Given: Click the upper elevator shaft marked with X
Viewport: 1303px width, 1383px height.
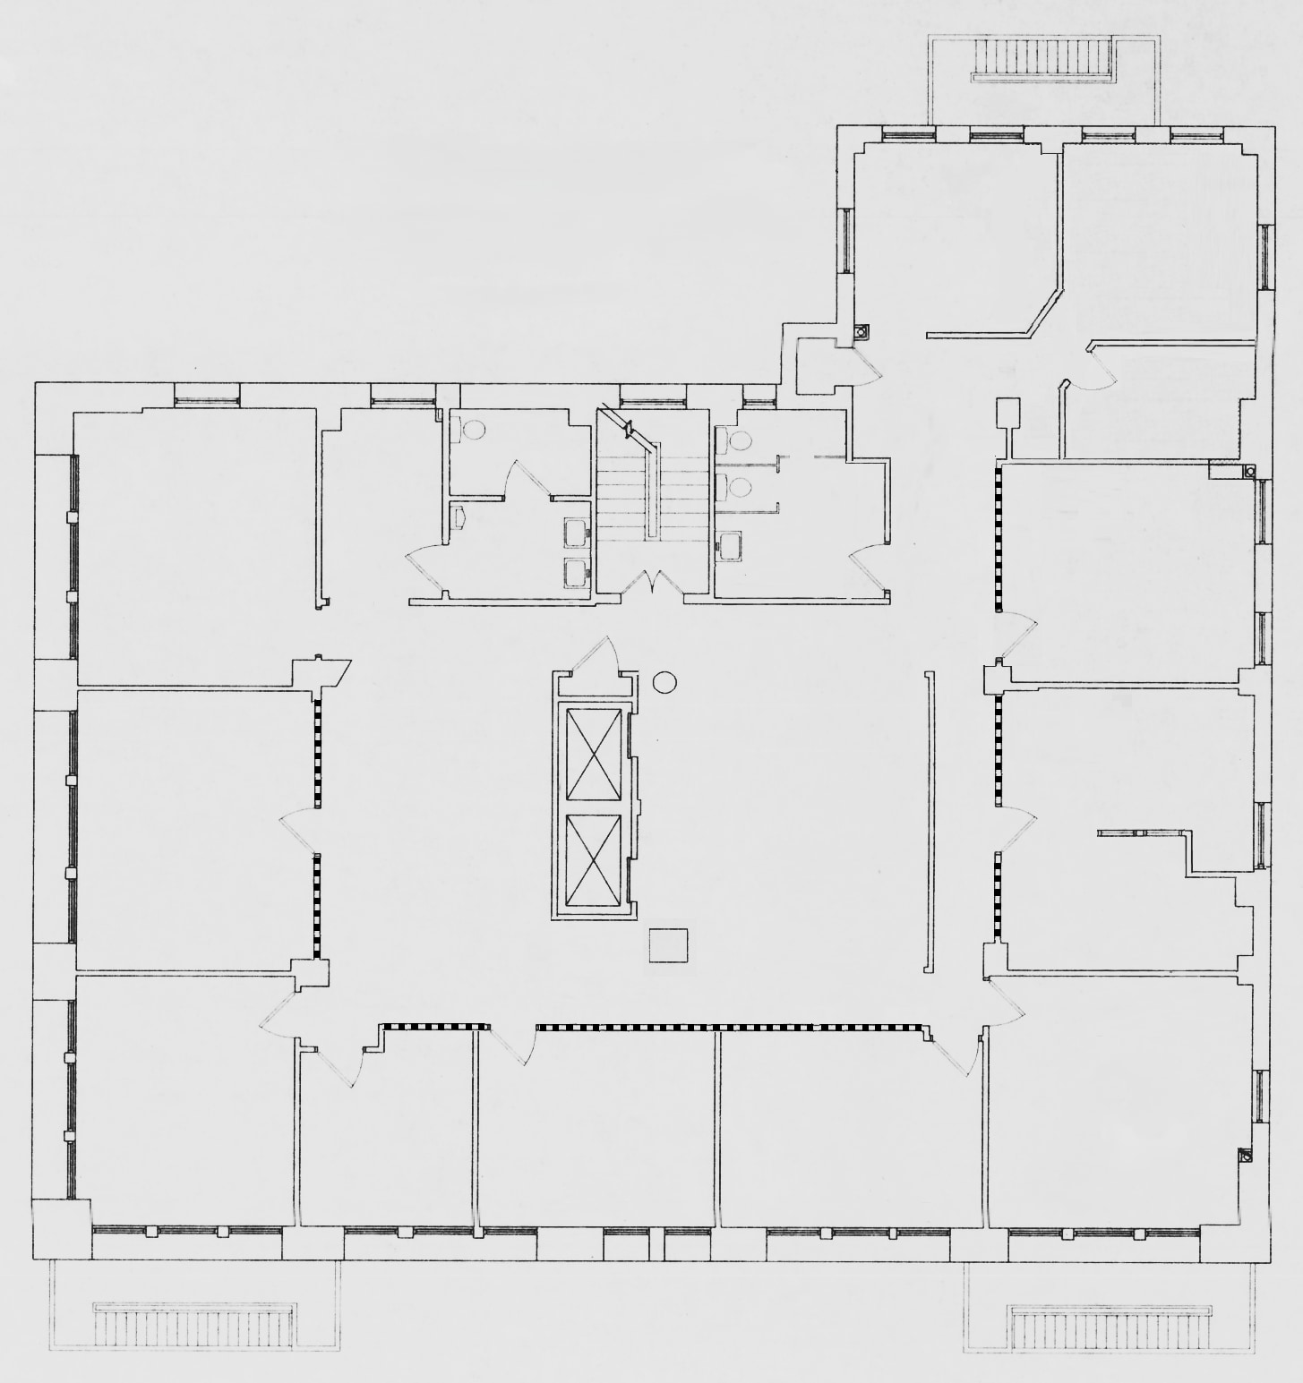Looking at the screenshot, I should tap(594, 753).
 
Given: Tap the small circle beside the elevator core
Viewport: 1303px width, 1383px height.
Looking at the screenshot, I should tap(664, 683).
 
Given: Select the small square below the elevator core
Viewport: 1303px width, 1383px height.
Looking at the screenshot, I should tap(668, 946).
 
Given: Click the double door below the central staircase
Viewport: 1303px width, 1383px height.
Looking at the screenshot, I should tap(654, 584).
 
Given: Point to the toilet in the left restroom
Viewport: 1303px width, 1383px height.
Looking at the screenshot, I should tap(471, 431).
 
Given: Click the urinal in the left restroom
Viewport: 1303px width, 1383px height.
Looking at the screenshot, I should tap(459, 517).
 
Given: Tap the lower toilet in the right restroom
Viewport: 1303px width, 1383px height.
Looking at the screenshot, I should tap(738, 488).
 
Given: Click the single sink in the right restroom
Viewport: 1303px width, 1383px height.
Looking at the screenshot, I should tap(730, 545).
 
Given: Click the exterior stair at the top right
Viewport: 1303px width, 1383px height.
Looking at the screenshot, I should tap(1042, 62).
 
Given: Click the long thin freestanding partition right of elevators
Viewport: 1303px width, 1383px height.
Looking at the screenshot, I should tap(928, 822).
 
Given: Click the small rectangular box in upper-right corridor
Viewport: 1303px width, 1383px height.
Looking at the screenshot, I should tap(1009, 414).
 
